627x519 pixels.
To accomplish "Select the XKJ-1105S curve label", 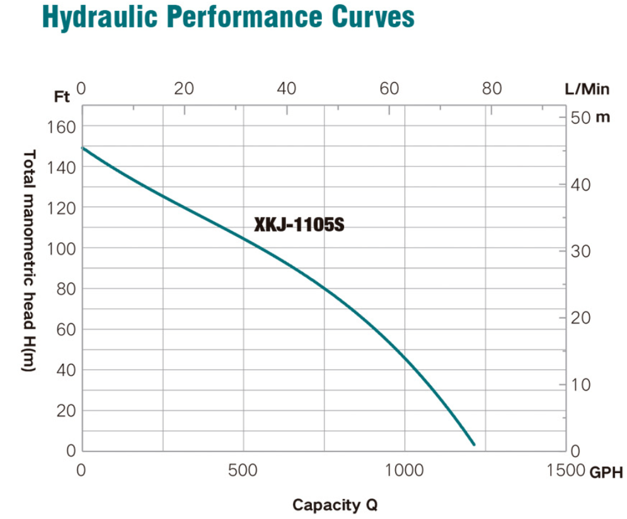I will pos(299,225).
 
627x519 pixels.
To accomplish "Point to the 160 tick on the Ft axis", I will pos(61,127).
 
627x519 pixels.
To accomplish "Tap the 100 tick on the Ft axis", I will pos(61,248).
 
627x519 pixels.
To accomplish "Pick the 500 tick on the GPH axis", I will pos(243,470).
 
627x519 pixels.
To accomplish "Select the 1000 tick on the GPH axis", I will pos(405,470).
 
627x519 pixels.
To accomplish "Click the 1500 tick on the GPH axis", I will pos(565,470).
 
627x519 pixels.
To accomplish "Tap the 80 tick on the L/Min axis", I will pos(493,88).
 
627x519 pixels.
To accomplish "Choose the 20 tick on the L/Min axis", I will pos(184,88).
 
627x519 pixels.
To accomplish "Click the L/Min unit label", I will pos(587,89).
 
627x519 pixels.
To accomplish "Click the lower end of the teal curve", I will pos(473,444).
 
